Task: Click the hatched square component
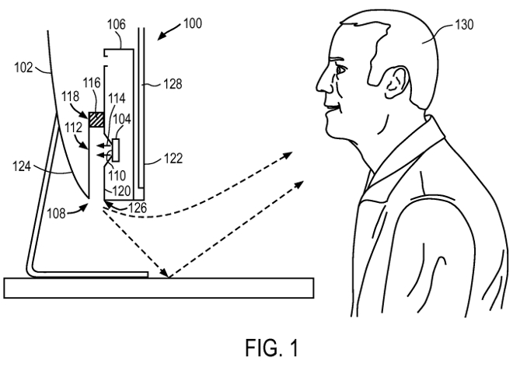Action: click(x=96, y=121)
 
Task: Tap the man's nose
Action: click(x=321, y=80)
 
